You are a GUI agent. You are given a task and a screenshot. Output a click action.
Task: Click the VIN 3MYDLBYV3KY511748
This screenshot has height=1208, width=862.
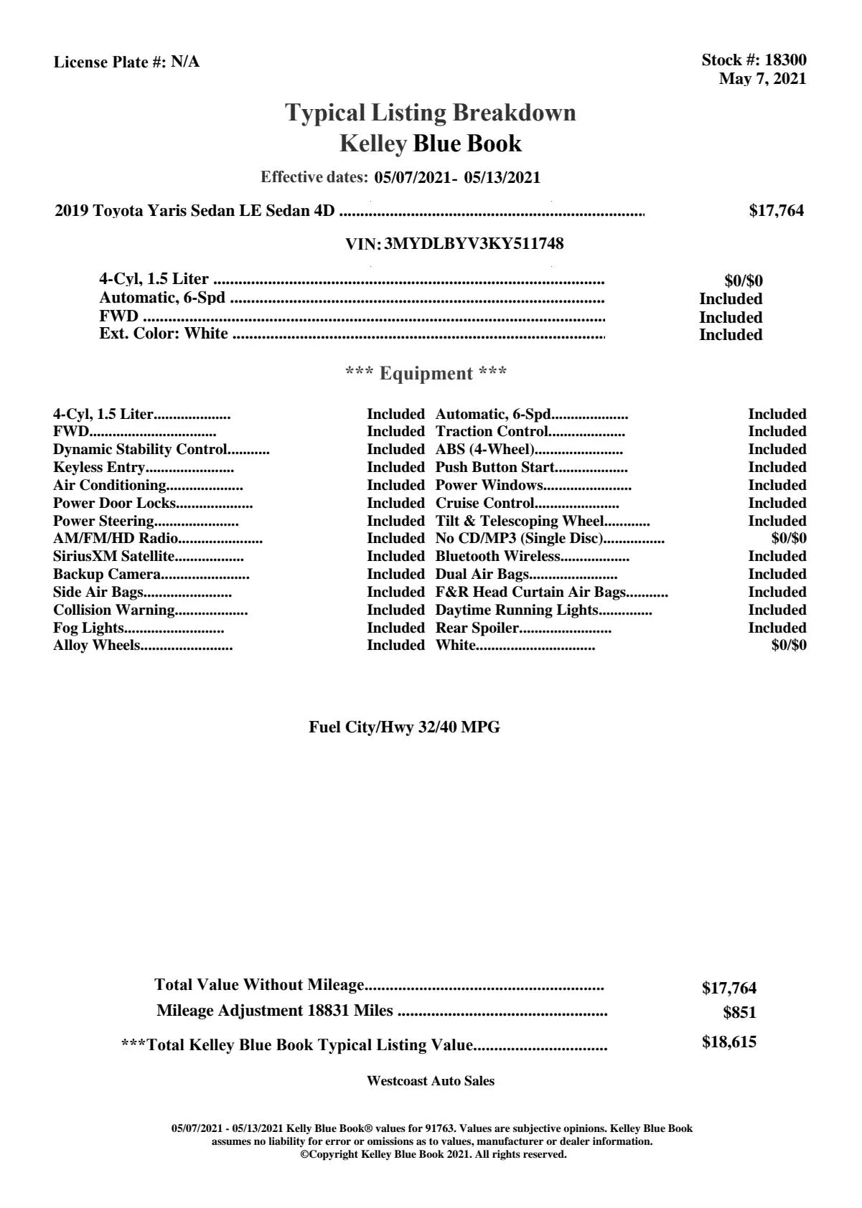[x=474, y=244]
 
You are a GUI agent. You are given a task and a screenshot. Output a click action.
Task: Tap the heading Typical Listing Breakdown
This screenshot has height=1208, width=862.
[x=431, y=113]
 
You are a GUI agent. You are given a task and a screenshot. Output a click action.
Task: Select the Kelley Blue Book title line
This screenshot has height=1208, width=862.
[x=431, y=143]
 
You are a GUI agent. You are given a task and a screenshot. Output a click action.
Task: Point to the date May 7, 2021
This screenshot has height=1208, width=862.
[x=762, y=79]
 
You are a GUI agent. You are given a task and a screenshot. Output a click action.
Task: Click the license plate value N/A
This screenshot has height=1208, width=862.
[x=185, y=62]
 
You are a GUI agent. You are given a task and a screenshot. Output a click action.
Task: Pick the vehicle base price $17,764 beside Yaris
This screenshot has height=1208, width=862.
[x=776, y=211]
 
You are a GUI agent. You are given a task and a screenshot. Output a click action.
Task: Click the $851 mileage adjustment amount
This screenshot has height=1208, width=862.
[x=739, y=1013]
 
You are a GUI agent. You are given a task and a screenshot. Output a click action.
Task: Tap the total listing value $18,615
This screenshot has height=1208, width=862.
[x=729, y=1042]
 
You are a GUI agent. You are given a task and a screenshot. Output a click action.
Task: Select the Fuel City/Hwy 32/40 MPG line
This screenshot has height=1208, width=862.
[x=404, y=727]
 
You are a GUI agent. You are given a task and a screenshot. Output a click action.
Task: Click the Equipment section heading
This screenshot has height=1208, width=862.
[x=426, y=374]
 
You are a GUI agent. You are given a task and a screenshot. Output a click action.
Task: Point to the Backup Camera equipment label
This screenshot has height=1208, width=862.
[x=106, y=575]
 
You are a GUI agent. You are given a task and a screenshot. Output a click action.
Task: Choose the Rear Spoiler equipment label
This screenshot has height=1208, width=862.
[x=477, y=628]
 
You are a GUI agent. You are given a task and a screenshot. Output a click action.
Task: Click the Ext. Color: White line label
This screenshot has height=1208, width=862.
[x=164, y=334]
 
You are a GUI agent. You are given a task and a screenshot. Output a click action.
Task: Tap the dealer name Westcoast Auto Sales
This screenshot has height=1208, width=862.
[x=430, y=1081]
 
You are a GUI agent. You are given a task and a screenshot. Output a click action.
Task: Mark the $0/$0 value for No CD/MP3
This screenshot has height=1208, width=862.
[x=788, y=539]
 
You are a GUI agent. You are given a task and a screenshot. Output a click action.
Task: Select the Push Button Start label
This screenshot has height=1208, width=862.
[x=495, y=468]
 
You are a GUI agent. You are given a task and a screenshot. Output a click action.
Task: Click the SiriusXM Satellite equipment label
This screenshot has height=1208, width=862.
[x=113, y=557]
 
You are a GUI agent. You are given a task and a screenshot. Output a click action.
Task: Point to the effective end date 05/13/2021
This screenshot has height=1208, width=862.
[x=502, y=178]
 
